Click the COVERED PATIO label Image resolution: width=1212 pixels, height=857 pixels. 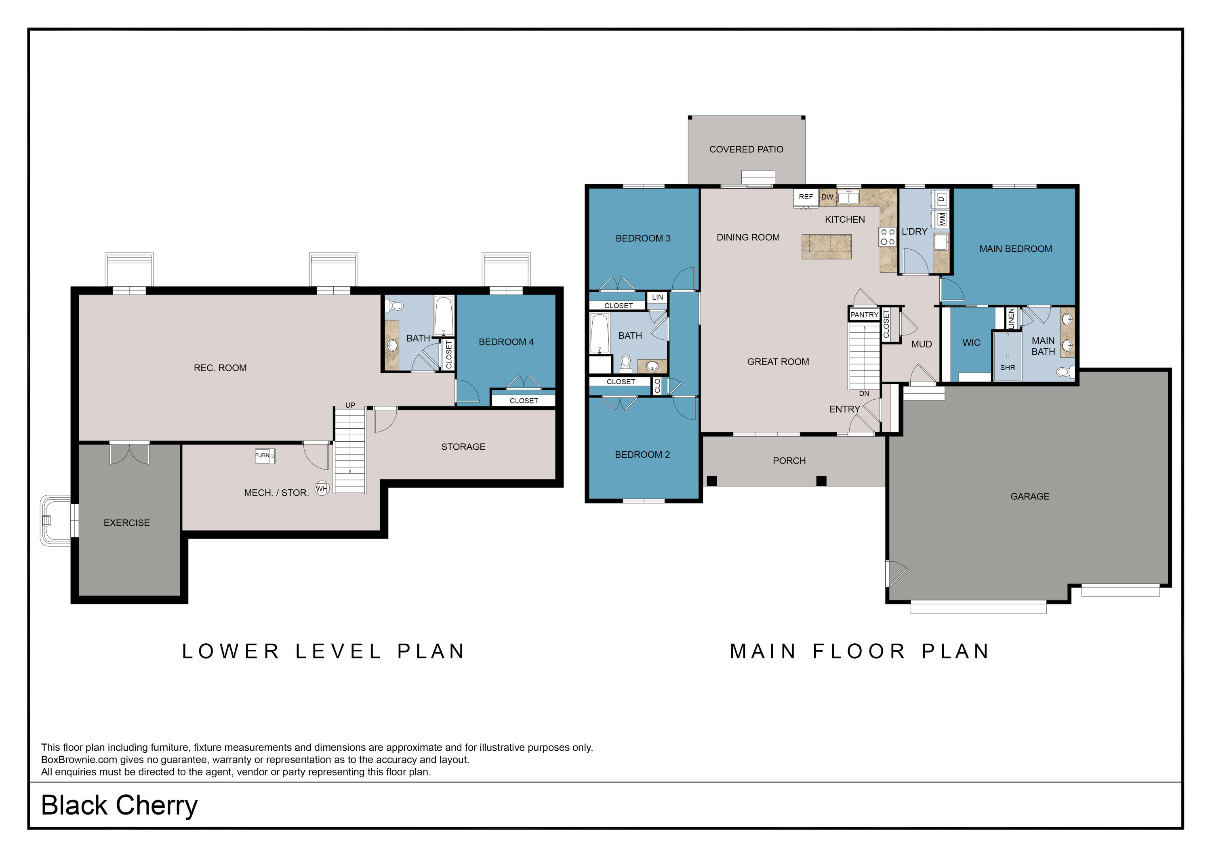[746, 150]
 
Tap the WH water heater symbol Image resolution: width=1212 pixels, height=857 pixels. [322, 489]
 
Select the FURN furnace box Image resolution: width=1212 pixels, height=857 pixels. [265, 456]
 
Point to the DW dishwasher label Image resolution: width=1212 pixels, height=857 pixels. [827, 197]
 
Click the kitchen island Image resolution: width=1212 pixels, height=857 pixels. [826, 246]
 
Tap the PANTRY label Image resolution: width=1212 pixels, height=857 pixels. [864, 315]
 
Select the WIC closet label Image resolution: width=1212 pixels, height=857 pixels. [971, 343]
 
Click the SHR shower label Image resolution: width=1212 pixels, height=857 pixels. [1008, 368]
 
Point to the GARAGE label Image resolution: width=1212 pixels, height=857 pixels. [1030, 496]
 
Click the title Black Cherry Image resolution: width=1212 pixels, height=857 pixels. [119, 805]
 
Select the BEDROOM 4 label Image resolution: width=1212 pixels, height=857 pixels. [506, 342]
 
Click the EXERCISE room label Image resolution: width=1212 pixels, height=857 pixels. [127, 523]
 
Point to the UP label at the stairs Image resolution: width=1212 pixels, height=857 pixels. [350, 405]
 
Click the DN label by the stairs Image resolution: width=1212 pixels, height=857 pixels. [864, 394]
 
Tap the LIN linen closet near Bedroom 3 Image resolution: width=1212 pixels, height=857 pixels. [657, 297]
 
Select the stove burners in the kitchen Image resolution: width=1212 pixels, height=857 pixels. [887, 236]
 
